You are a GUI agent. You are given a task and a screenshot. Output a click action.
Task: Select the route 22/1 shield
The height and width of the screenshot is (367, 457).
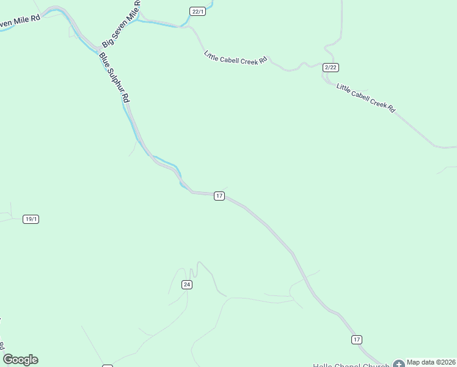197,12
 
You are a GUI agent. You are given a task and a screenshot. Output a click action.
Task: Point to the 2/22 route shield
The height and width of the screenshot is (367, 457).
331,67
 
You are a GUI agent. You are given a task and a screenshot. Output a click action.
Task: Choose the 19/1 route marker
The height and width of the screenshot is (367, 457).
31,219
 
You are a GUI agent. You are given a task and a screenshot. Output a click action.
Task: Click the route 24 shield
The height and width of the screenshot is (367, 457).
187,285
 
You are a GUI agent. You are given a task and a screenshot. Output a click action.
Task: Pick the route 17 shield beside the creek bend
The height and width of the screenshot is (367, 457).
219,196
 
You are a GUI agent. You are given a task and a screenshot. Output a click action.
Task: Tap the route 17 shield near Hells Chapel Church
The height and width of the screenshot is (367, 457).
357,339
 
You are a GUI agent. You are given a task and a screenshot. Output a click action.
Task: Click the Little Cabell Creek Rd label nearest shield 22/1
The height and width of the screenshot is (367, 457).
236,58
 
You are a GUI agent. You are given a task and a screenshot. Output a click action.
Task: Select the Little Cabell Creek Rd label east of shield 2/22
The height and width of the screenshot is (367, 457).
366,98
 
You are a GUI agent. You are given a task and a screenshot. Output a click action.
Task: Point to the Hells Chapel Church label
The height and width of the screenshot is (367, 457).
351,365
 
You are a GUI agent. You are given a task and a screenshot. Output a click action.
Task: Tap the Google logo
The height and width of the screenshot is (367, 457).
20,360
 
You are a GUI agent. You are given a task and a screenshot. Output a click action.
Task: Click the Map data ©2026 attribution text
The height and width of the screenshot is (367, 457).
431,361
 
